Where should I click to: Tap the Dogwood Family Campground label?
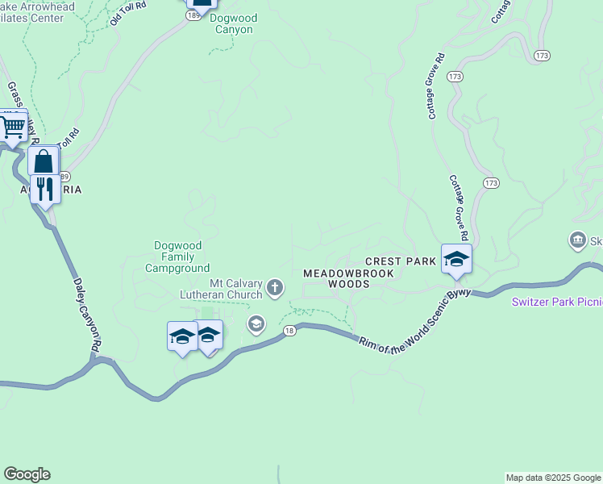coord(177,257)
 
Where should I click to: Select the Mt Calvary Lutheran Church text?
coord(235,289)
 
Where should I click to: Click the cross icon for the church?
coord(275,287)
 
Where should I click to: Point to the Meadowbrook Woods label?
coord(348,279)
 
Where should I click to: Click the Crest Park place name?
coord(400,261)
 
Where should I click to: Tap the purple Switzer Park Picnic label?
coord(557,302)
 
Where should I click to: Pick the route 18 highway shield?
coord(289,330)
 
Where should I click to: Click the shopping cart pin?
coord(12,126)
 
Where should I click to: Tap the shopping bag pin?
coord(44,161)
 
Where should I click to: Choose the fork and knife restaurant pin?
coord(45,190)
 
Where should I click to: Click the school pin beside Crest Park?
coord(456,260)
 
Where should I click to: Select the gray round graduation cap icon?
coord(256,324)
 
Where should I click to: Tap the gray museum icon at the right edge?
coord(577,240)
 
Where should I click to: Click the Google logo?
coord(27,474)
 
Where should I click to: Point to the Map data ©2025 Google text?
coord(553,478)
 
